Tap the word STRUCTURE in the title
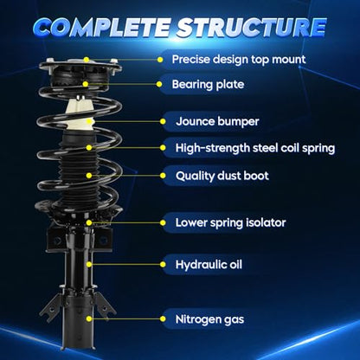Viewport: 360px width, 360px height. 252,28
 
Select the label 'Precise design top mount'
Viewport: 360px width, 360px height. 239,60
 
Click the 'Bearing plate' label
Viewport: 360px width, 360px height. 208,84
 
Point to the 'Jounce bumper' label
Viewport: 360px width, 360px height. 217,121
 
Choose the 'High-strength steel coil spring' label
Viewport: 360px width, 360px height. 255,148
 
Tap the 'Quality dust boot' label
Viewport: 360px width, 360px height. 222,176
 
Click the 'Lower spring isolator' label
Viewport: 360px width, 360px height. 230,222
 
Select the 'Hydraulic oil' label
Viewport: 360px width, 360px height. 209,265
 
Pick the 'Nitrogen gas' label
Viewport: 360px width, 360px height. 209,319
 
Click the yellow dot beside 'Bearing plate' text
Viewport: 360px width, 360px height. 159,84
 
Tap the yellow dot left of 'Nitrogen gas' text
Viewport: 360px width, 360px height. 163,318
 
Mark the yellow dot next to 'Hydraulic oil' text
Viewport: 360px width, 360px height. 163,264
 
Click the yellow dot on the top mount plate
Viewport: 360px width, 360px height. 87,60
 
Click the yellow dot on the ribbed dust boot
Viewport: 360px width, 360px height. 89,176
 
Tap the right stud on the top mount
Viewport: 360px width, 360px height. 114,61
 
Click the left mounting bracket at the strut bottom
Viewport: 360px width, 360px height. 51,306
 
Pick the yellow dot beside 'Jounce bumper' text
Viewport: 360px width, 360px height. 163,121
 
